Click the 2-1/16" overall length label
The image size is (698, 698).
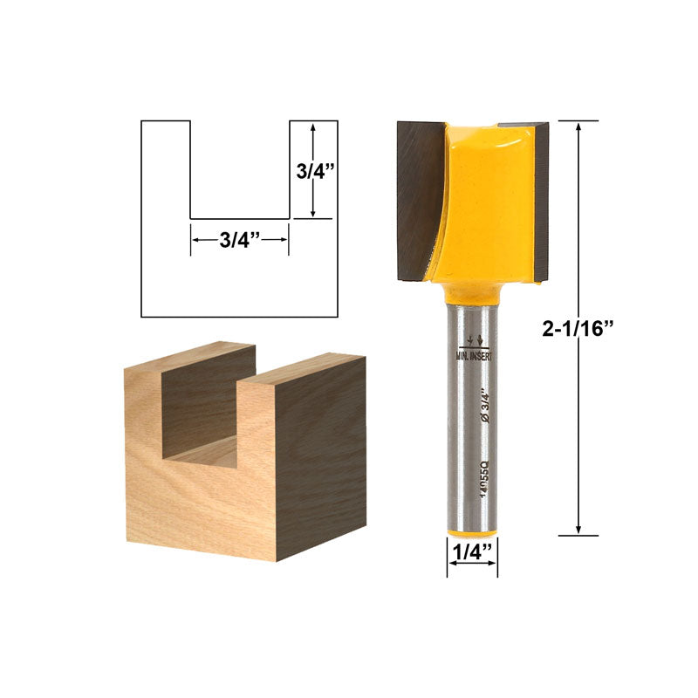(x=578, y=327)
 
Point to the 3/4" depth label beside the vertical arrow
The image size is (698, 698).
(x=311, y=171)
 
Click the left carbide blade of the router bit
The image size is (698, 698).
(x=419, y=196)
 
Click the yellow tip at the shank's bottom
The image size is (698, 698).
(x=472, y=531)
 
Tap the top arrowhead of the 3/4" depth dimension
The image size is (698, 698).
(x=312, y=127)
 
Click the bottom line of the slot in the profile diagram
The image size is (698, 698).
(x=240, y=218)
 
